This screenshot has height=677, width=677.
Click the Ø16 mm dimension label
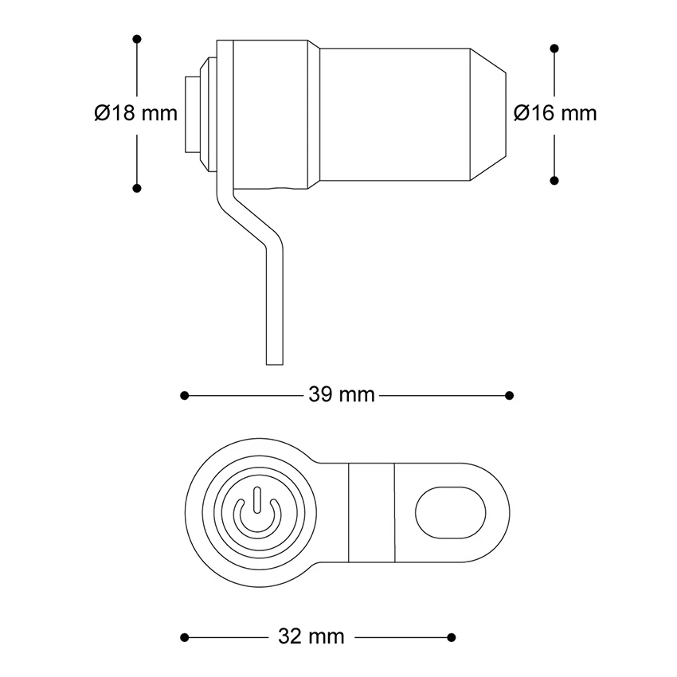[x=555, y=113]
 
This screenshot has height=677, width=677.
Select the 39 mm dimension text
[x=341, y=395]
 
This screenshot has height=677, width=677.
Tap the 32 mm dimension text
[x=311, y=637]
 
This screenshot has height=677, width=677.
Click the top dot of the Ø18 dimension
[x=137, y=38]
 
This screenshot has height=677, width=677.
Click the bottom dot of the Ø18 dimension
[x=137, y=188]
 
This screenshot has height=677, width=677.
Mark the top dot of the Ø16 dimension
[x=554, y=49]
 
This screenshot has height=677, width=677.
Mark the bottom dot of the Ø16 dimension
[x=554, y=180]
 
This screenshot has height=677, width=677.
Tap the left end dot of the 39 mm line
[x=184, y=395]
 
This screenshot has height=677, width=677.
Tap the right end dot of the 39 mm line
[x=510, y=395]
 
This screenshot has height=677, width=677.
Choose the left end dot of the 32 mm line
[x=184, y=637]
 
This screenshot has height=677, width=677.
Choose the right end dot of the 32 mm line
[x=452, y=637]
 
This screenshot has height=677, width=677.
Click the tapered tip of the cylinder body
[x=489, y=113]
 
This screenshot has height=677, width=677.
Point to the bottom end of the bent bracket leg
[x=274, y=358]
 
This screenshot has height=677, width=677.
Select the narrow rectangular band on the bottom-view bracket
[x=373, y=511]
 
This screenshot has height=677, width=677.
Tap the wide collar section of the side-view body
[x=271, y=113]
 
